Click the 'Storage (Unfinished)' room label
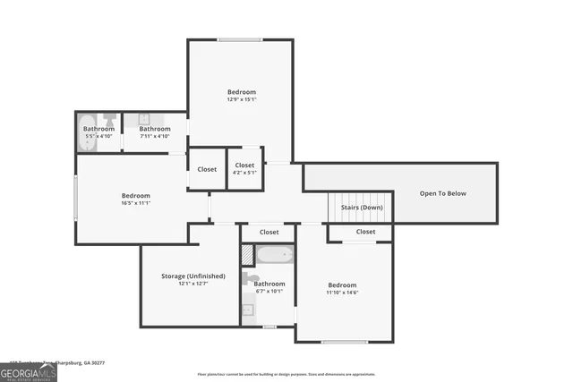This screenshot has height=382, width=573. point(192,276)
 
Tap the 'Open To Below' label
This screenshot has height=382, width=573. point(443,193)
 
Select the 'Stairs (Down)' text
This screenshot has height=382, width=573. point(362,208)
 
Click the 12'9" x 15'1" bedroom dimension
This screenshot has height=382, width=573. point(241,99)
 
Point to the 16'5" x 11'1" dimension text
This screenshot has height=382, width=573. point(136,203)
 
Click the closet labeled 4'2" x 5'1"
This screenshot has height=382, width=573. point(244,173)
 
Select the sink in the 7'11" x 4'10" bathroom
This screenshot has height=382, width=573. point(141,118)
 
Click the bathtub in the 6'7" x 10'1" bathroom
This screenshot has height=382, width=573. point(275,255)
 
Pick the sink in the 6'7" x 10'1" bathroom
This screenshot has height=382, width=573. point(248,310)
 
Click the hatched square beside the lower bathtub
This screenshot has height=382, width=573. point(247,254)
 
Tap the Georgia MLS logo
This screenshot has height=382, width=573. point(29,371)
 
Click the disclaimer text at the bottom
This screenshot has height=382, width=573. point(286,374)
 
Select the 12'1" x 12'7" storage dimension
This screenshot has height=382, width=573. point(192,284)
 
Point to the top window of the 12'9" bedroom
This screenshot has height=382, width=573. point(240,39)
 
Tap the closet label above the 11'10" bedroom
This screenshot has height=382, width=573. point(365,232)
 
